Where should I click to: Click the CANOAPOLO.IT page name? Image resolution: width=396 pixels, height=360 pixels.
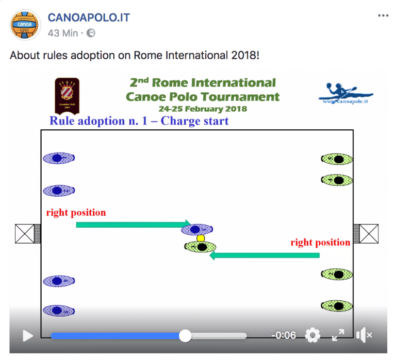point(89,18)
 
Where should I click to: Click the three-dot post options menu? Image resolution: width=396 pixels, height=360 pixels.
point(383,16)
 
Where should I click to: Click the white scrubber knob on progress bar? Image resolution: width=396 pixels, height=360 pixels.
point(185,336)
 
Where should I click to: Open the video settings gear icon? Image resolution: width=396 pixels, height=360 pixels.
point(312,335)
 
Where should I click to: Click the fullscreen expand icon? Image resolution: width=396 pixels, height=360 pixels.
point(338,335)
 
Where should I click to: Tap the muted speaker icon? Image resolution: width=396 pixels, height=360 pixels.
point(364,335)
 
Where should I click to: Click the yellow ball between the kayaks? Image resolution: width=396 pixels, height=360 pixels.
point(201,238)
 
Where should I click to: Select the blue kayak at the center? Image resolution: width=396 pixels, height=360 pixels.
point(201,230)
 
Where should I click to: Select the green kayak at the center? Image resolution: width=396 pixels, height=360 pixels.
point(201,247)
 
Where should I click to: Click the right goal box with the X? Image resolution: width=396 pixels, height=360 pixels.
point(369,234)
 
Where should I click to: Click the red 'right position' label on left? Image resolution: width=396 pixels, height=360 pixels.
point(76,212)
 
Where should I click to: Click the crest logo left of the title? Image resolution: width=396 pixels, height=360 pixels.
point(68,95)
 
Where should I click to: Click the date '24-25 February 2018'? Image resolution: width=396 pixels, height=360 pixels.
point(203,109)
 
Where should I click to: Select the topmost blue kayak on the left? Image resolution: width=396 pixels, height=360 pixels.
point(59,158)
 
